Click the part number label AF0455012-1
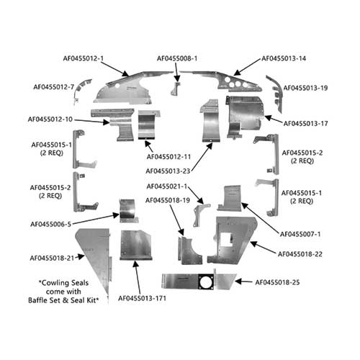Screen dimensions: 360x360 pyautogui.click(x=84, y=58)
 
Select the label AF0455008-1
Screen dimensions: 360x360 pyautogui.click(x=177, y=58)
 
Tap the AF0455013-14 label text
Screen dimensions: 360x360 pyautogui.click(x=284, y=58)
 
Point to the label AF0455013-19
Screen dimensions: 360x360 pyautogui.click(x=305, y=88)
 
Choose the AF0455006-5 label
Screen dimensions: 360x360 pyautogui.click(x=51, y=224)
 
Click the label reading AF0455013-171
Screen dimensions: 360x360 pyautogui.click(x=142, y=298)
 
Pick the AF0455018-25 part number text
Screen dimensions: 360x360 pyautogui.click(x=277, y=282)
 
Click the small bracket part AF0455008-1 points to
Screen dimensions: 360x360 pyautogui.click(x=176, y=88)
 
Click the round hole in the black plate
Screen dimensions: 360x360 pyautogui.click(x=205, y=282)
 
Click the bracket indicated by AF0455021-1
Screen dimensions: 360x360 pyautogui.click(x=199, y=214)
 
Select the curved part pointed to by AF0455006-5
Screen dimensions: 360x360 pyautogui.click(x=128, y=210)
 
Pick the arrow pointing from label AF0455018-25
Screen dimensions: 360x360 pyautogui.click(x=243, y=282)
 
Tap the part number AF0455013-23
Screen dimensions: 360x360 pyautogui.click(x=168, y=171)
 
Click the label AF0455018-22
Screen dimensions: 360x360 pyautogui.click(x=300, y=254)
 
